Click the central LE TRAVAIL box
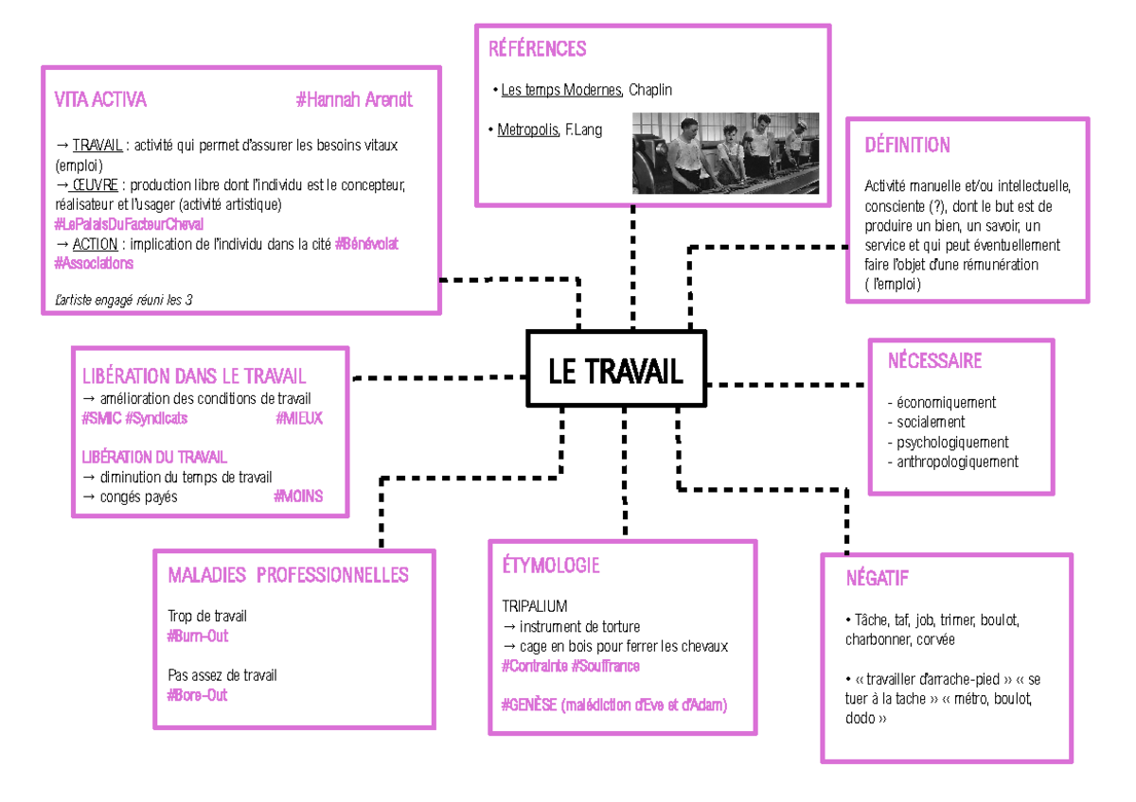[616, 371]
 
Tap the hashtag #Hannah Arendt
[354, 99]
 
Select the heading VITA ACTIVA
[100, 99]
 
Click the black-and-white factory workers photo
[723, 152]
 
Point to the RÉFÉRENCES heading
[537, 49]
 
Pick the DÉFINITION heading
[907, 145]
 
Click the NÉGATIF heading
[878, 578]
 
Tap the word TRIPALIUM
[535, 605]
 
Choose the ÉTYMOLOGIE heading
[551, 566]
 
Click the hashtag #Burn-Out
[198, 636]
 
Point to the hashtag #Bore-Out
[197, 695]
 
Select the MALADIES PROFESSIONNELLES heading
[288, 575]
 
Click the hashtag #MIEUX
[299, 418]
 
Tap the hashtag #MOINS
[298, 497]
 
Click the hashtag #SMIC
[101, 418]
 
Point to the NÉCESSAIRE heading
[934, 360]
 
